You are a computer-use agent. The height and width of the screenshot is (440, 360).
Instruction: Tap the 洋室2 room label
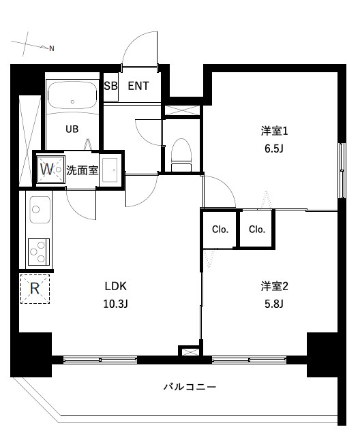[x=271, y=285]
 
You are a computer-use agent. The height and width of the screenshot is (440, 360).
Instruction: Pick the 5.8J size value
[x=271, y=304]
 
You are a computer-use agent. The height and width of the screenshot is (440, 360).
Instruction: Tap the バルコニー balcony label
[x=190, y=387]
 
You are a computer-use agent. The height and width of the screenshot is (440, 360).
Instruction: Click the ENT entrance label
[x=138, y=86]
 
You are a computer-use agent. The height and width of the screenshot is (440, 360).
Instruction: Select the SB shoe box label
[x=110, y=86]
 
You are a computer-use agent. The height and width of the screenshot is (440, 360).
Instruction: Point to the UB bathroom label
[x=72, y=128]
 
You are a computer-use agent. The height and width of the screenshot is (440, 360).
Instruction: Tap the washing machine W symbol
[x=48, y=168]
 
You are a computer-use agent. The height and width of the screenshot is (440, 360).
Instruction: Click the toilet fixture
[x=181, y=153]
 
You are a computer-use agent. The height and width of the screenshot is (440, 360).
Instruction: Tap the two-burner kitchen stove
[x=37, y=251]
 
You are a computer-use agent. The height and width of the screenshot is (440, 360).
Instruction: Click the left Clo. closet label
[x=219, y=230]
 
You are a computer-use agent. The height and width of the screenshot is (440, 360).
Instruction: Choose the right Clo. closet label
[x=256, y=230]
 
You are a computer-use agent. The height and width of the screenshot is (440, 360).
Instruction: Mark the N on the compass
[x=51, y=48]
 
